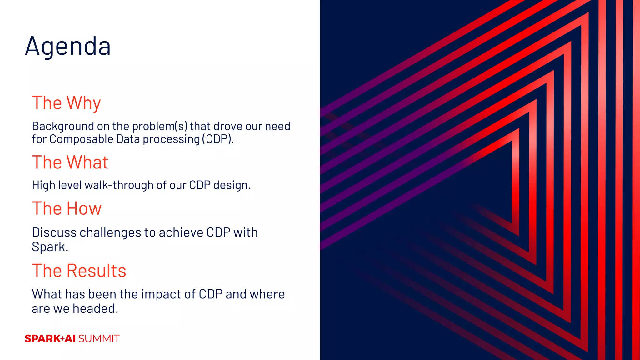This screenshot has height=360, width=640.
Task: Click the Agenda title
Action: click(x=68, y=46)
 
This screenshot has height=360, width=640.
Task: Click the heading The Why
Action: click(x=67, y=103)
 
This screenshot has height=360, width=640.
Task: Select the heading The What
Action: click(x=70, y=162)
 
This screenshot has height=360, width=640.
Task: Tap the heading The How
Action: click(x=67, y=208)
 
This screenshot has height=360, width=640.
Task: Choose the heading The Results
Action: click(x=79, y=271)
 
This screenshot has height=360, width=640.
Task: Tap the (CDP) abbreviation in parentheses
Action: click(x=217, y=139)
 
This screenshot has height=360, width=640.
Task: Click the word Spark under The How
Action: click(x=50, y=247)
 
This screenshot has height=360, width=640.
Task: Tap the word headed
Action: click(x=95, y=309)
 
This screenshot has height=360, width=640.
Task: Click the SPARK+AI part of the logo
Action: click(x=50, y=339)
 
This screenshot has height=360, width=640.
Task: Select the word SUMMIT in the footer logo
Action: click(x=99, y=339)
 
